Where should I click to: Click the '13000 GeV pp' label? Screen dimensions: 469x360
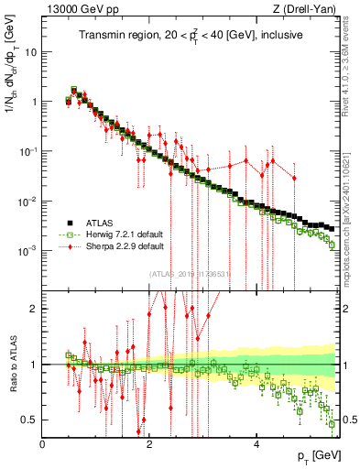click(x=80, y=9)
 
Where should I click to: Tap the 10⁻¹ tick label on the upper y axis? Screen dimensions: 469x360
click(x=28, y=151)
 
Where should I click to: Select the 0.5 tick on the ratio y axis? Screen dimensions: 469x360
click(x=30, y=420)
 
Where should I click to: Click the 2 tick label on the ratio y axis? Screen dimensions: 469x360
click(x=35, y=309)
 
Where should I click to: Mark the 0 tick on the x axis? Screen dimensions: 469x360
click(x=43, y=443)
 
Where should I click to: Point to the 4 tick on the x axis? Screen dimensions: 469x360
click(x=256, y=443)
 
